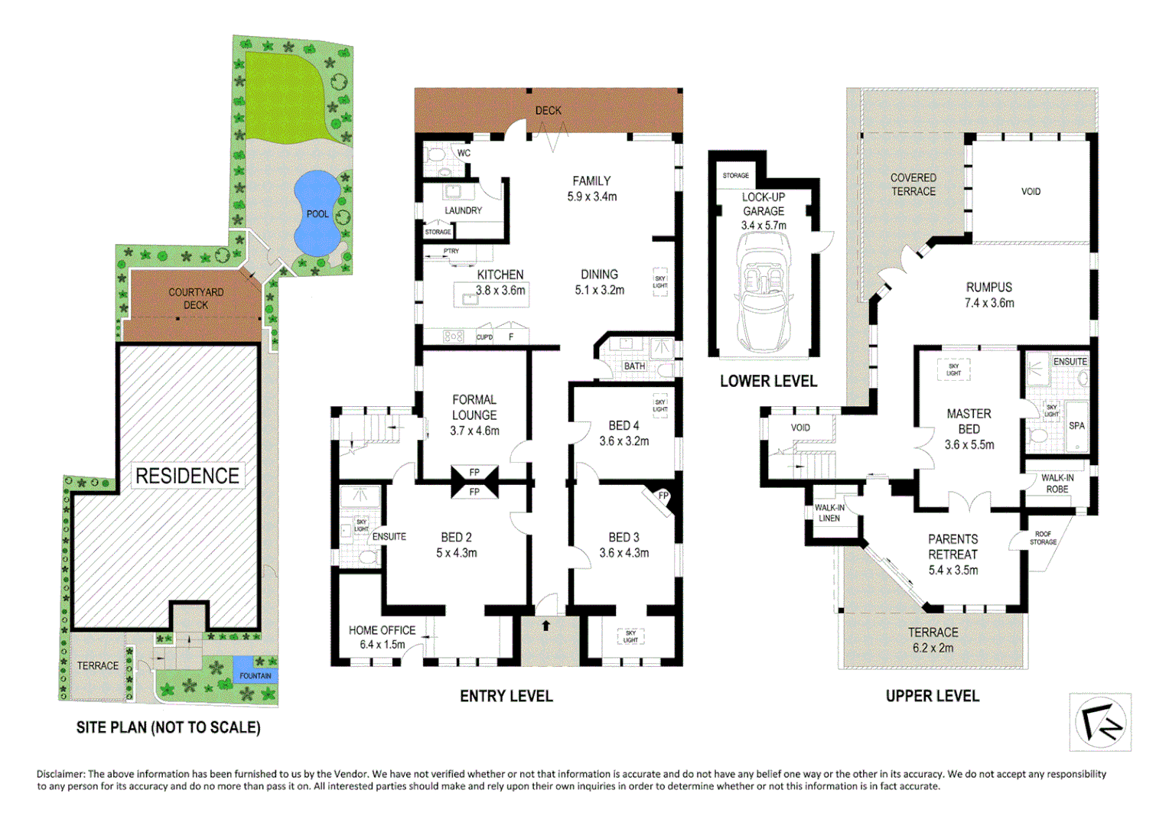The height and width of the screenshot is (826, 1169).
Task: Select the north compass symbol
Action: (x=1100, y=723)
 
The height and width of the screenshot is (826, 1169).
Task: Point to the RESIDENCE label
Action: (x=187, y=476)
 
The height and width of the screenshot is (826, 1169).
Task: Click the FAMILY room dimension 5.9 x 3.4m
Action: (x=591, y=197)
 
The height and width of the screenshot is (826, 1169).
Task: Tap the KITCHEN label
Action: (x=500, y=275)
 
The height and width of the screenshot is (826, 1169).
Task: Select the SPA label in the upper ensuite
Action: (x=1076, y=426)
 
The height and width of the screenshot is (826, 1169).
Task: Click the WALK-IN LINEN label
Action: (x=829, y=512)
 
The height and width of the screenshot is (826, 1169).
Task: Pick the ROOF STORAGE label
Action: (x=1043, y=538)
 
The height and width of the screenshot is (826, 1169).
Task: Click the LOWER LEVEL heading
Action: (x=768, y=381)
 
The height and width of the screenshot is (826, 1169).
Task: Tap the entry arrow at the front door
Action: (x=545, y=626)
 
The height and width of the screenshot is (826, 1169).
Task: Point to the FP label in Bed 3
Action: (x=663, y=496)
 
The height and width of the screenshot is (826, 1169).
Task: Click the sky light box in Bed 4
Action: (x=660, y=405)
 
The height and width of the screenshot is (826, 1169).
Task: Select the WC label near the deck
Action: (x=464, y=153)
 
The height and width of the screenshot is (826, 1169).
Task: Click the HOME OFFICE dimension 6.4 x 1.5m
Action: (x=382, y=645)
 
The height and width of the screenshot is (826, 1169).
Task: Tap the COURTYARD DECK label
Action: (x=196, y=298)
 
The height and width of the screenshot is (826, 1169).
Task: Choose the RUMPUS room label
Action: (x=988, y=287)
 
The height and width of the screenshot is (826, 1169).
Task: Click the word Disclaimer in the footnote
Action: (x=60, y=774)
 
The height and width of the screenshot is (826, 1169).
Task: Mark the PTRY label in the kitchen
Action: (x=451, y=251)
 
